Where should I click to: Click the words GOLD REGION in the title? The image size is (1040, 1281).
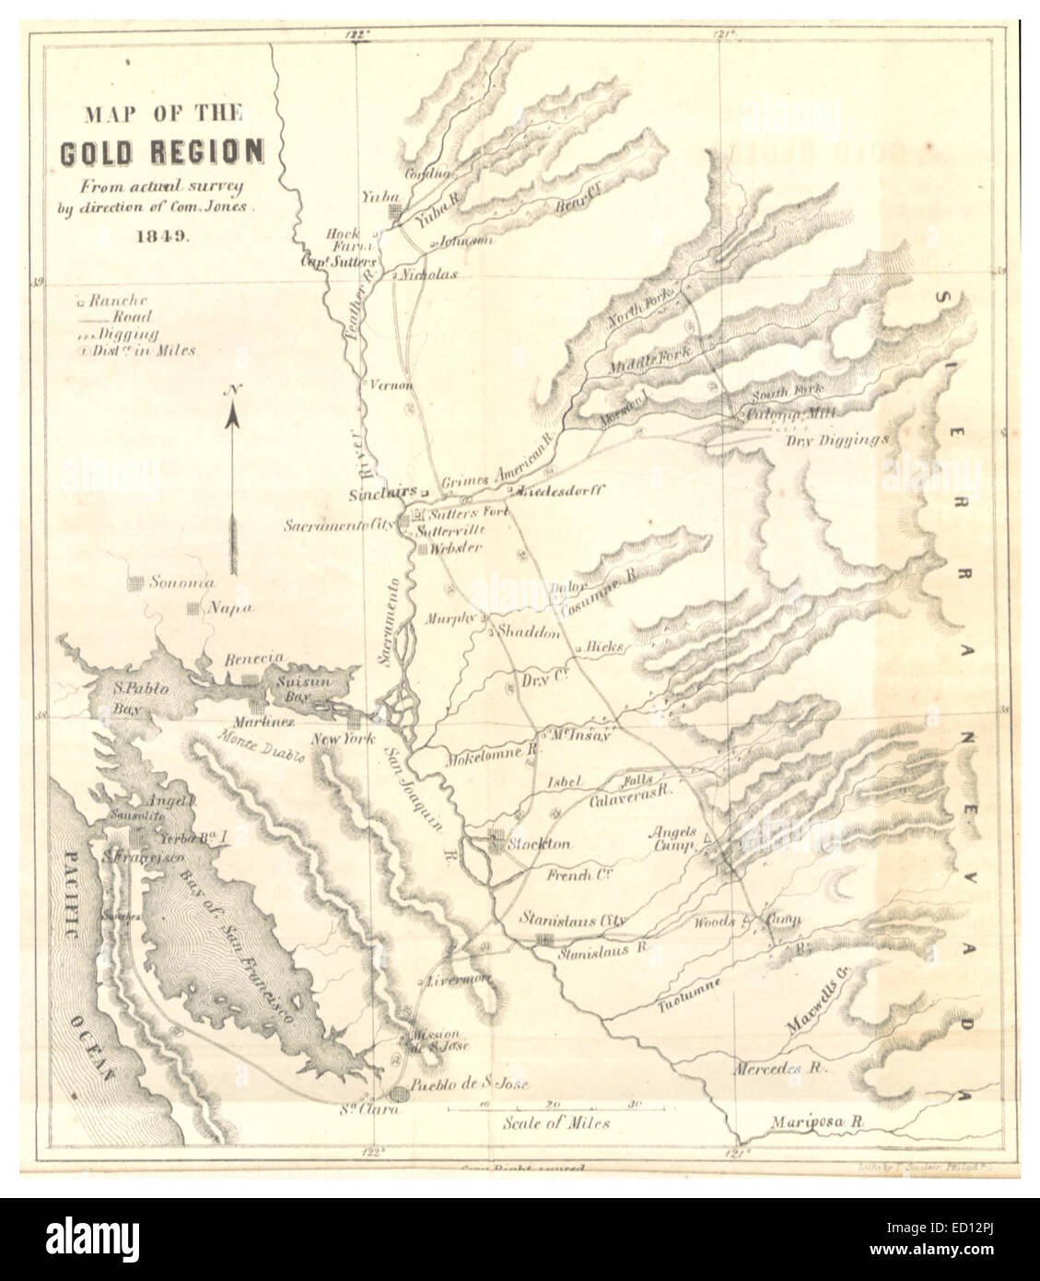(161, 151)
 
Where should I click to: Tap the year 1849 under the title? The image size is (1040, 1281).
(162, 233)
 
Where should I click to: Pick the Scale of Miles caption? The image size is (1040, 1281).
(555, 1123)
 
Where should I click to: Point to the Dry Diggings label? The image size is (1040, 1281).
(838, 440)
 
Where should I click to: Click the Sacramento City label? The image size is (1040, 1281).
(338, 524)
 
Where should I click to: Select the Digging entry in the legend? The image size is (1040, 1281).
(128, 334)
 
